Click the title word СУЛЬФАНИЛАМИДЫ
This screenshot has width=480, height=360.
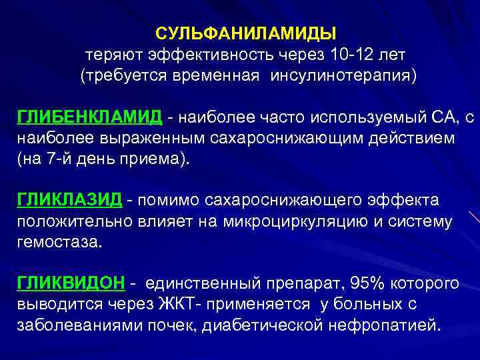pos(246,33)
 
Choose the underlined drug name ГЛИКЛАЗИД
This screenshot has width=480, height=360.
pos(69,199)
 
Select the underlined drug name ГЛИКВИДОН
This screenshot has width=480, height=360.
pos(71,283)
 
